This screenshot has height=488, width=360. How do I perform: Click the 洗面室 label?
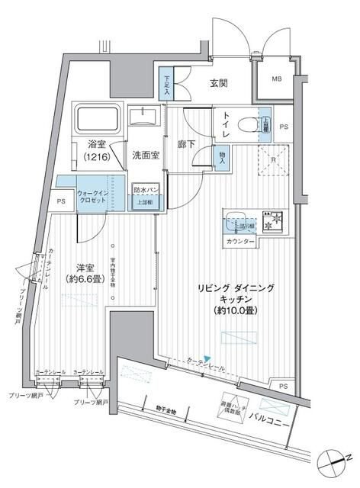click(x=144, y=156)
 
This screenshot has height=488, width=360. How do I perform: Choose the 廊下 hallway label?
click(x=188, y=143)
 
